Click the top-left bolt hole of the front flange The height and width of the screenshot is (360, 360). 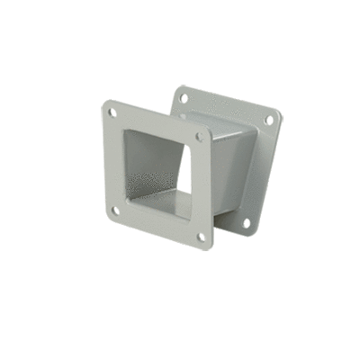[x=112, y=113]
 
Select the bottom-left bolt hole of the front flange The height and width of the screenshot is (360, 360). [x=115, y=210]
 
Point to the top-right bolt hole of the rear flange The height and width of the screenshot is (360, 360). [x=266, y=120]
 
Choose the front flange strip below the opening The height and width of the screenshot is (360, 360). [x=157, y=225]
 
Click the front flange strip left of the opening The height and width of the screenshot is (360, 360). [x=112, y=162]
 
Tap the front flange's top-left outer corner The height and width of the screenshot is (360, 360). [x=104, y=104]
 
